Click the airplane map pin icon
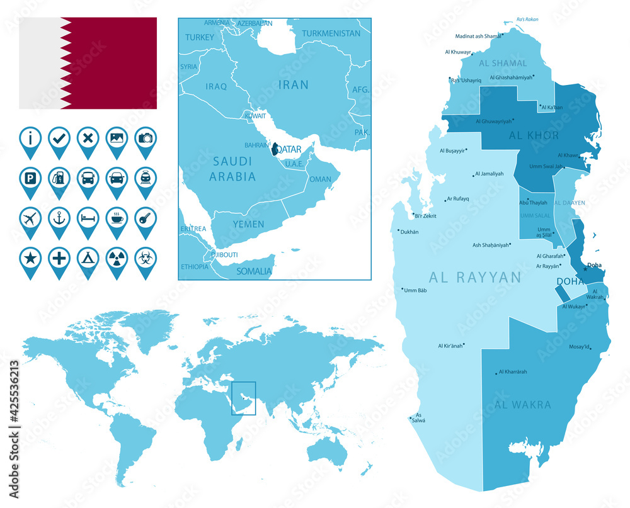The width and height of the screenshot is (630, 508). (30, 218)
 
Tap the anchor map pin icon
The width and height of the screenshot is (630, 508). (59, 218)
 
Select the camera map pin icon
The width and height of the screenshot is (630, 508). (146, 137)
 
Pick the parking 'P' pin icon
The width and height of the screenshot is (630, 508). (30, 178)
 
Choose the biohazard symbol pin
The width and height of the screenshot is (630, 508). (146, 258)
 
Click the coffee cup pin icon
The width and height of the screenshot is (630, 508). (117, 218)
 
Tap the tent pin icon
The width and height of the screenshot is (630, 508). (88, 258)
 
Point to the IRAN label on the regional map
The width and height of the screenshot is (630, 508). (294, 84)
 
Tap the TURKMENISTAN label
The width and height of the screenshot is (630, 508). (331, 33)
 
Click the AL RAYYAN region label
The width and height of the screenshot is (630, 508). (475, 277)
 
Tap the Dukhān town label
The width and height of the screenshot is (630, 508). (410, 232)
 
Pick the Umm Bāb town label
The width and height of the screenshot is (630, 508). (415, 290)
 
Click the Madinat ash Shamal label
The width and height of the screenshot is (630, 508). (478, 36)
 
